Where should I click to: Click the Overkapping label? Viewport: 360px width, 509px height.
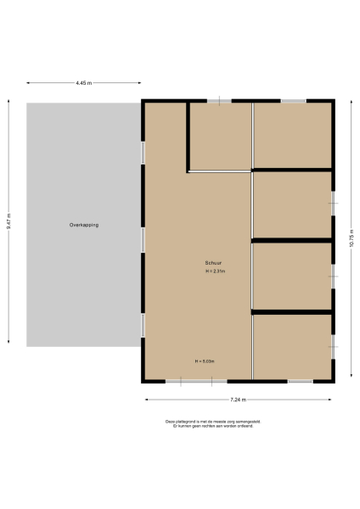(84, 225)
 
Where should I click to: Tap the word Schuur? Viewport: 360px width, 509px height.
(212, 262)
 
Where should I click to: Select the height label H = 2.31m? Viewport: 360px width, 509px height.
(215, 271)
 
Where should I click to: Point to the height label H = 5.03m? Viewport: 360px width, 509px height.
(205, 361)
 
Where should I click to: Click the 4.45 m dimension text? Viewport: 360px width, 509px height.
(83, 83)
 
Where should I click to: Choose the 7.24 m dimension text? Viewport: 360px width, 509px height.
(238, 400)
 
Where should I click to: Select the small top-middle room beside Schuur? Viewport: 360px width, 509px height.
(219, 136)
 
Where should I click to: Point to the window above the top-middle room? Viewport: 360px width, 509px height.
(219, 102)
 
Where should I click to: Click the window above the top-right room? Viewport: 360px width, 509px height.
(294, 102)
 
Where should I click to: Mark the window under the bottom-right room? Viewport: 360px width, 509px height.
(300, 381)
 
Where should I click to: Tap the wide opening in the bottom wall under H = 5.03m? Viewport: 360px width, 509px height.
(189, 381)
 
